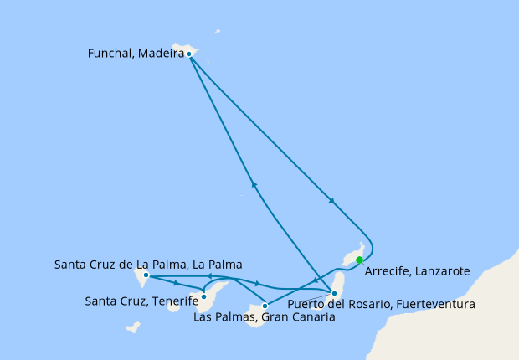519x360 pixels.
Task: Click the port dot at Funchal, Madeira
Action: point(189,54)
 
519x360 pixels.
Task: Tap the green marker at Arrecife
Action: point(359,260)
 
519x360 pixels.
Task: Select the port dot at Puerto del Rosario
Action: point(334,293)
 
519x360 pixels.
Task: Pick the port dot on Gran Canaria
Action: point(265,306)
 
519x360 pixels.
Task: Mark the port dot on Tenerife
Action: point(204,296)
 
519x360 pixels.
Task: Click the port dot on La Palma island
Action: point(146,275)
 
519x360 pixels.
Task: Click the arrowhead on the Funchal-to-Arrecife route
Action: point(333,201)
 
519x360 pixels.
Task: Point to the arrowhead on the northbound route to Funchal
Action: point(253,185)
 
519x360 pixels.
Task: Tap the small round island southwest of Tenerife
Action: point(174,306)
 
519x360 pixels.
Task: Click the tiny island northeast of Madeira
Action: point(218,33)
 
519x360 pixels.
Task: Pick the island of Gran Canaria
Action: point(254,316)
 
